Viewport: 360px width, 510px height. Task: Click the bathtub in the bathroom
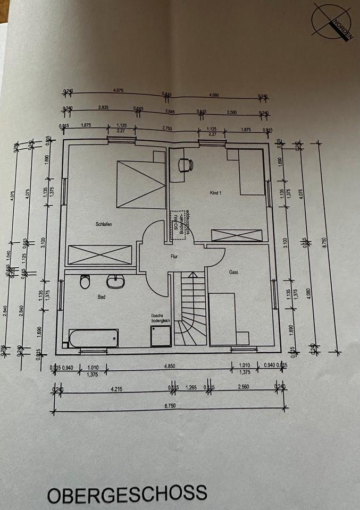pyautogui.click(x=94, y=337)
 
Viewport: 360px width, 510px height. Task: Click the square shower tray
pyautogui.click(x=161, y=336)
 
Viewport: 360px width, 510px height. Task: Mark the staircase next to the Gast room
pyautogui.click(x=190, y=308)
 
